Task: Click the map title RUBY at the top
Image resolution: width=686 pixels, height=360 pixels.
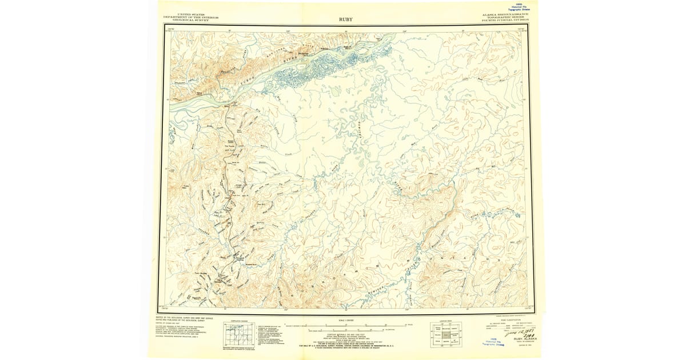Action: tap(345, 19)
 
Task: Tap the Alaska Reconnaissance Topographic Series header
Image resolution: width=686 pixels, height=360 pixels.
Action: tap(505, 17)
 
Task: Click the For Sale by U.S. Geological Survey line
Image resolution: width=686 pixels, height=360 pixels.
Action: tap(346, 346)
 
